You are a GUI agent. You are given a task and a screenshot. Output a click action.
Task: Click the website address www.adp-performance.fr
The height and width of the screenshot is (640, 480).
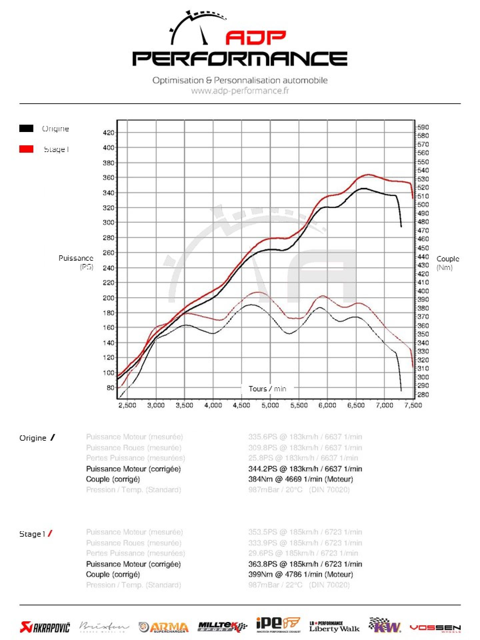pyautogui.click(x=240, y=91)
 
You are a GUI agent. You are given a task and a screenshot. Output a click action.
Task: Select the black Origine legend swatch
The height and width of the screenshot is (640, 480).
pyautogui.click(x=26, y=128)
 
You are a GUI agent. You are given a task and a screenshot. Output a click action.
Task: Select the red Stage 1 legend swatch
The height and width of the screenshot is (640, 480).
pyautogui.click(x=26, y=149)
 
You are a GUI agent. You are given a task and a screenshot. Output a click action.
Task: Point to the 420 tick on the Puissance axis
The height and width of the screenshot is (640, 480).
pyautogui.click(x=109, y=133)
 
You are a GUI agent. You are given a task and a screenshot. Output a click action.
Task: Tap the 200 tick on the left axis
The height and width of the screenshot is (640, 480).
pyautogui.click(x=109, y=298)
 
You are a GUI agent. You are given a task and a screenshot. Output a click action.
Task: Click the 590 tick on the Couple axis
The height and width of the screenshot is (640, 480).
pyautogui.click(x=423, y=127)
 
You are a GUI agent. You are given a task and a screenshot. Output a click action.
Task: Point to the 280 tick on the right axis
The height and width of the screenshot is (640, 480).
pyautogui.click(x=423, y=395)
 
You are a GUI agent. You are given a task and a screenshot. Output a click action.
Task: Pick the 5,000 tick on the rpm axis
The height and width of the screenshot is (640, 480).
pyautogui.click(x=270, y=405)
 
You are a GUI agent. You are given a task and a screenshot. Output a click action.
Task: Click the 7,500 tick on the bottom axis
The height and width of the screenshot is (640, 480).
pyautogui.click(x=413, y=405)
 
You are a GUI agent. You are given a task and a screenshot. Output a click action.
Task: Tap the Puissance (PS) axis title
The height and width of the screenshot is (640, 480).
pyautogui.click(x=76, y=262)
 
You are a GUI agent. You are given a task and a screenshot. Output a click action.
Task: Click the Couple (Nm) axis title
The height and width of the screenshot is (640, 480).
pyautogui.click(x=448, y=263)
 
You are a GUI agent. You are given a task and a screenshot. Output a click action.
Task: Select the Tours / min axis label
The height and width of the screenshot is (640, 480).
pyautogui.click(x=267, y=389)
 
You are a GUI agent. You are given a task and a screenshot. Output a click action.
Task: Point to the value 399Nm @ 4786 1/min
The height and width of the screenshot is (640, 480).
pyautogui.click(x=300, y=574)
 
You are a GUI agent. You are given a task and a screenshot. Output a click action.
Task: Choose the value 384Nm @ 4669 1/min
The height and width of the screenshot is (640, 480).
pyautogui.click(x=300, y=479)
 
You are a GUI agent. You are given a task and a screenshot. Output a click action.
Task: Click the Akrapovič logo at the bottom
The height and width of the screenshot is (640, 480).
pyautogui.click(x=45, y=627)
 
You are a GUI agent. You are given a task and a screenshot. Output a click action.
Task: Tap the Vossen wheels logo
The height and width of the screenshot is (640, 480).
pyautogui.click(x=435, y=628)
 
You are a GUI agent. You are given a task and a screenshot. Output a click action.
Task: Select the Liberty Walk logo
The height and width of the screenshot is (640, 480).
pyautogui.click(x=334, y=627)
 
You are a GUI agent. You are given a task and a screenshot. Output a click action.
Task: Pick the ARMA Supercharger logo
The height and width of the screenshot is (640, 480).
pyautogui.click(x=164, y=627)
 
